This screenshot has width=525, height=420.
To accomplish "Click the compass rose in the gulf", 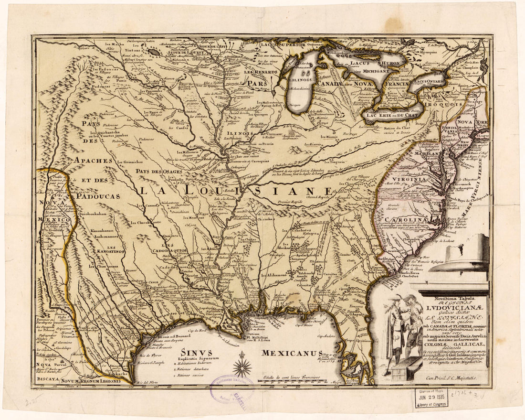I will point(242,367).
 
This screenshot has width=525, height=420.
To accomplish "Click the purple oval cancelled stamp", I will point(232,389).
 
